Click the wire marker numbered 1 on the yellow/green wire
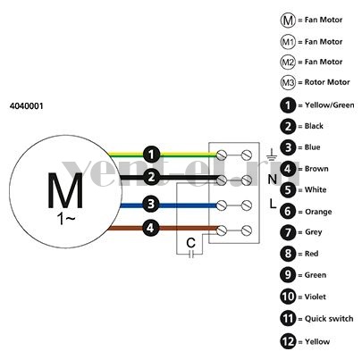point(152,155)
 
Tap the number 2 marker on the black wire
point(152,177)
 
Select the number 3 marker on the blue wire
point(151,204)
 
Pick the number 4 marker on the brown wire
point(150,229)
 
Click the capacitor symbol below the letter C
point(191,254)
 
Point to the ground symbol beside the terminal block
point(272,155)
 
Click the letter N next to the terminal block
point(273,180)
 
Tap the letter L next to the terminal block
point(273,204)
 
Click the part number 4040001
point(27,106)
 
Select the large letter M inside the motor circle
point(65,190)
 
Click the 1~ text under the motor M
point(66,219)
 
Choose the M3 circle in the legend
point(288,82)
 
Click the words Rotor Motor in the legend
point(327,82)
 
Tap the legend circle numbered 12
point(288,341)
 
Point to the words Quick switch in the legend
point(329,319)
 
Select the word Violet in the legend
point(316,297)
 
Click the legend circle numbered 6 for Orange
point(288,212)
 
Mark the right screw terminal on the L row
point(247,205)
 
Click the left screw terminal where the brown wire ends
point(222,230)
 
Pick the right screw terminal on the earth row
point(247,155)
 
